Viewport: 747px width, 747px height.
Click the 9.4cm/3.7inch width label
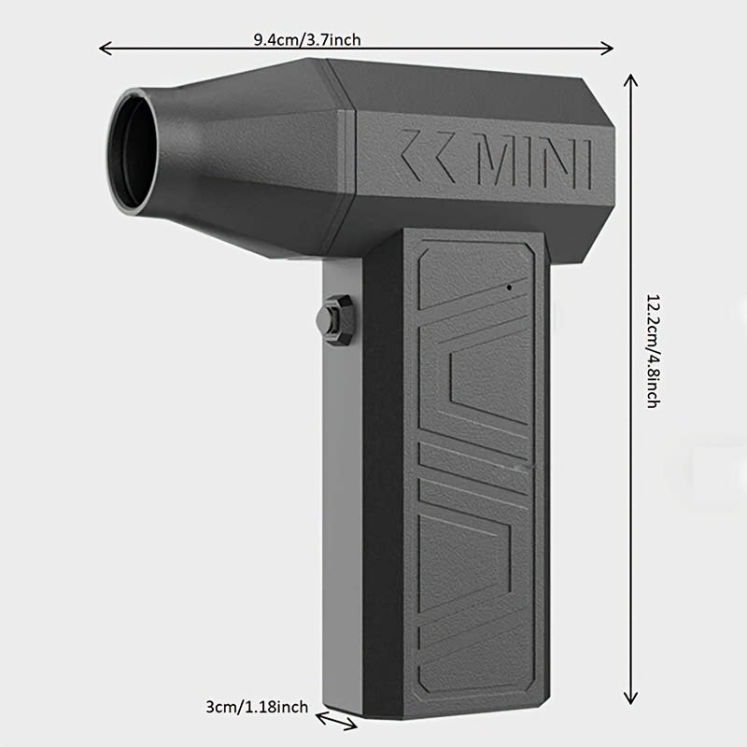pos(306,39)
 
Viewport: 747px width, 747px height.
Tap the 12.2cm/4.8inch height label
pos(653,351)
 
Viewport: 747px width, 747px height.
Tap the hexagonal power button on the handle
pos(337,319)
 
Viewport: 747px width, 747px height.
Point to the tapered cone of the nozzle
pos(243,154)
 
